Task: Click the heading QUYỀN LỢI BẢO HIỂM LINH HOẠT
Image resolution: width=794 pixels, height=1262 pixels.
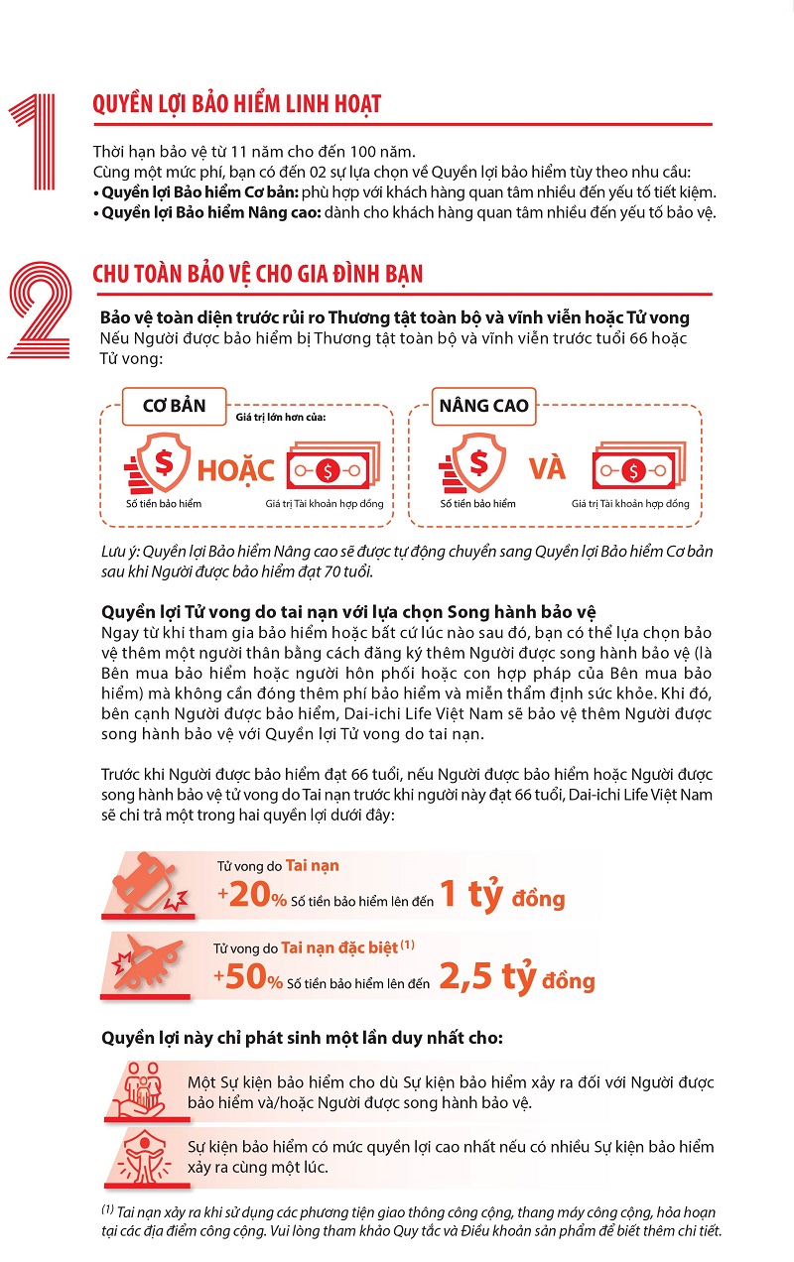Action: (x=236, y=105)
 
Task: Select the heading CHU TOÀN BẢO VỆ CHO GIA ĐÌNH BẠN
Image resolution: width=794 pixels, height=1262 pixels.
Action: (x=257, y=275)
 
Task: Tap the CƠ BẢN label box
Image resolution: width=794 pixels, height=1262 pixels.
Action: (x=174, y=406)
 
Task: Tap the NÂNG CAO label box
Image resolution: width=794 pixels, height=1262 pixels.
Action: (x=483, y=406)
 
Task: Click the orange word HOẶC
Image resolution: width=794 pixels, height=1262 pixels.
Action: (x=235, y=470)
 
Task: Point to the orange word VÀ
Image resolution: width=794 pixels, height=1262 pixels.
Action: (x=547, y=468)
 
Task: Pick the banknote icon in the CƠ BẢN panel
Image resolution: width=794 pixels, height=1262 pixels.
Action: (x=333, y=465)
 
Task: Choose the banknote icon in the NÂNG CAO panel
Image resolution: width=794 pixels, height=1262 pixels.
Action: (x=639, y=465)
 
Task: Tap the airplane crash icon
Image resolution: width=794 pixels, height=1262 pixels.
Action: (x=148, y=962)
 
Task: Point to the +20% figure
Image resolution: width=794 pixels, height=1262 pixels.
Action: (x=252, y=894)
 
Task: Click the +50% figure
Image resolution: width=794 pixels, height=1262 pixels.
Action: (x=248, y=976)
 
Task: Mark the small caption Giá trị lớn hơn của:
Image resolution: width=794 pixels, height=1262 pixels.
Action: (x=281, y=418)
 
